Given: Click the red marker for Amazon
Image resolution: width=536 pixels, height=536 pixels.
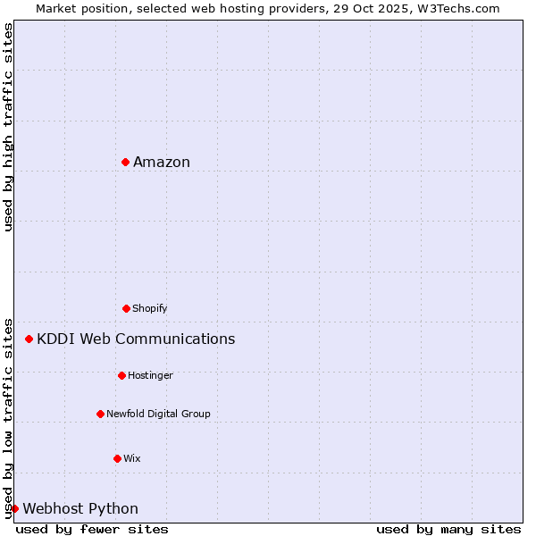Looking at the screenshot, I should (x=126, y=162).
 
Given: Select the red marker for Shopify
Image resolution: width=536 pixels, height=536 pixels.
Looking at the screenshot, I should (x=126, y=308).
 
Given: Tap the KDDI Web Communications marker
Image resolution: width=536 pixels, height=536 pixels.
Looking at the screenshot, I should (x=29, y=339).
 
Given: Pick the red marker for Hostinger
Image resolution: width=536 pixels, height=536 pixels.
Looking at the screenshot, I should (x=121, y=375).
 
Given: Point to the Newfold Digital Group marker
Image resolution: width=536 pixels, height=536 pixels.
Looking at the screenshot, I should (x=100, y=414).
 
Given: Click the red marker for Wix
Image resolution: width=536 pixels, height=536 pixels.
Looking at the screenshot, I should (x=117, y=458).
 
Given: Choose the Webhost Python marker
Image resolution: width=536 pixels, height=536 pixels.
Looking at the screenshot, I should (x=15, y=508).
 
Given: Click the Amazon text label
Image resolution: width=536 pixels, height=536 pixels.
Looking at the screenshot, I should (x=162, y=162).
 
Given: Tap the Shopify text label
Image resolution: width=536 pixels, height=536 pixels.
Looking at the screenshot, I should (x=150, y=308).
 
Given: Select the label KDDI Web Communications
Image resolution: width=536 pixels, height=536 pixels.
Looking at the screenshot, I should (x=136, y=339).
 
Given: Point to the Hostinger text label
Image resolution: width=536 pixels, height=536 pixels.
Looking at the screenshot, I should (x=150, y=375).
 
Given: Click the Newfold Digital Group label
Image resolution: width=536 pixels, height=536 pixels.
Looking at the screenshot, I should (x=158, y=414).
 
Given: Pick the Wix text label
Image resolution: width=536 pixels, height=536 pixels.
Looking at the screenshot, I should (x=132, y=458).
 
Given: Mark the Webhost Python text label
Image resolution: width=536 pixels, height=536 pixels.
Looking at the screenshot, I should (x=80, y=508).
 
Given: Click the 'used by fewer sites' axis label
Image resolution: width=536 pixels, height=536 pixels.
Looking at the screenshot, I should (x=92, y=529).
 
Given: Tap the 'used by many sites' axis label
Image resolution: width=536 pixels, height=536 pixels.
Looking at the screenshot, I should (x=448, y=529).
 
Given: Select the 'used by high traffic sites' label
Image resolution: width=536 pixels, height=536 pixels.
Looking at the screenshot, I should (x=8, y=127).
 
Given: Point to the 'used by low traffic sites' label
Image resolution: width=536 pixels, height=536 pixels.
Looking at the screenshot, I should (x=8, y=417).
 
